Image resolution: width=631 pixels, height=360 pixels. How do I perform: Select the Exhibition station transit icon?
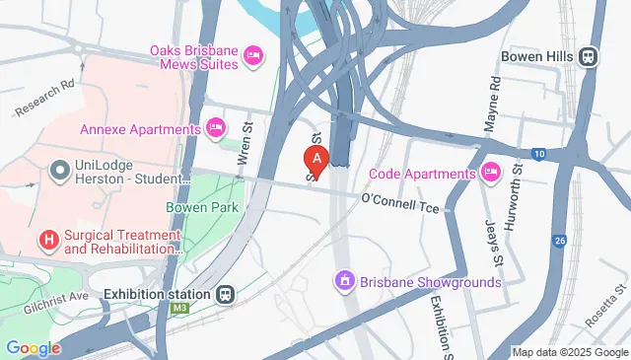226,294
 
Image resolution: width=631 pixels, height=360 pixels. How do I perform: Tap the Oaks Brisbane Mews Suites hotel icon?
252,54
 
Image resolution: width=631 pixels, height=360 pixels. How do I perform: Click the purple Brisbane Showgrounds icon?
344,282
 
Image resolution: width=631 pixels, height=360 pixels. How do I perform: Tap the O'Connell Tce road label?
398,200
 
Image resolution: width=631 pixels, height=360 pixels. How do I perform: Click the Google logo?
33,347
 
